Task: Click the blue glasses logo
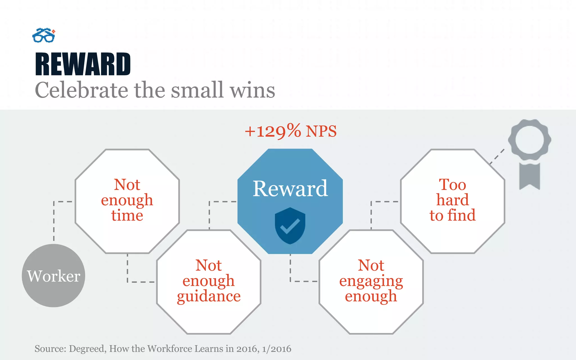(44, 36)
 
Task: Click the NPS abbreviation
(321, 131)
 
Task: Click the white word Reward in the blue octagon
(290, 188)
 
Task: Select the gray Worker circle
(53, 276)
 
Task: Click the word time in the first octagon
(127, 215)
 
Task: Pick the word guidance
(209, 296)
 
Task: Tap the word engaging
(371, 281)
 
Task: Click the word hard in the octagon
(453, 200)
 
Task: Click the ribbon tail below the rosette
(529, 176)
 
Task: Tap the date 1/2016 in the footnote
(276, 349)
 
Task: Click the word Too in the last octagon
(453, 185)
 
